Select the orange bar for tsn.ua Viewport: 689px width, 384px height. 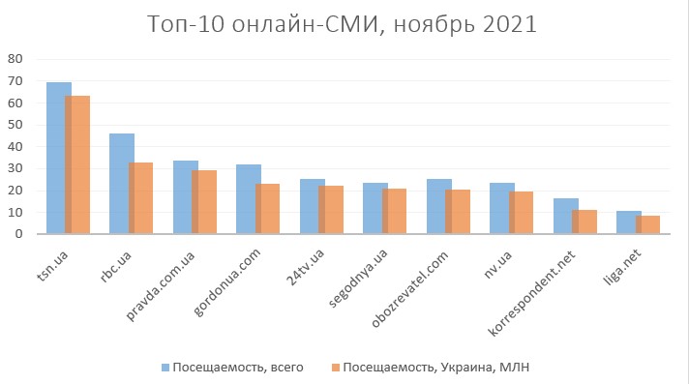(x=77, y=164)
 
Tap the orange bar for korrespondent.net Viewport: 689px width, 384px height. (x=584, y=222)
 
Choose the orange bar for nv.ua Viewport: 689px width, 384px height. (x=521, y=213)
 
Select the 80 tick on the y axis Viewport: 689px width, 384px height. (x=15, y=58)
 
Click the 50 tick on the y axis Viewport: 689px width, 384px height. (x=15, y=124)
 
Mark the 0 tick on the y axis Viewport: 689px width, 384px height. (x=18, y=233)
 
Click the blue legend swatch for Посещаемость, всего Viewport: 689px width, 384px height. (x=165, y=368)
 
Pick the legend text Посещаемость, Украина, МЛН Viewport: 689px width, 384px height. (x=436, y=368)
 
